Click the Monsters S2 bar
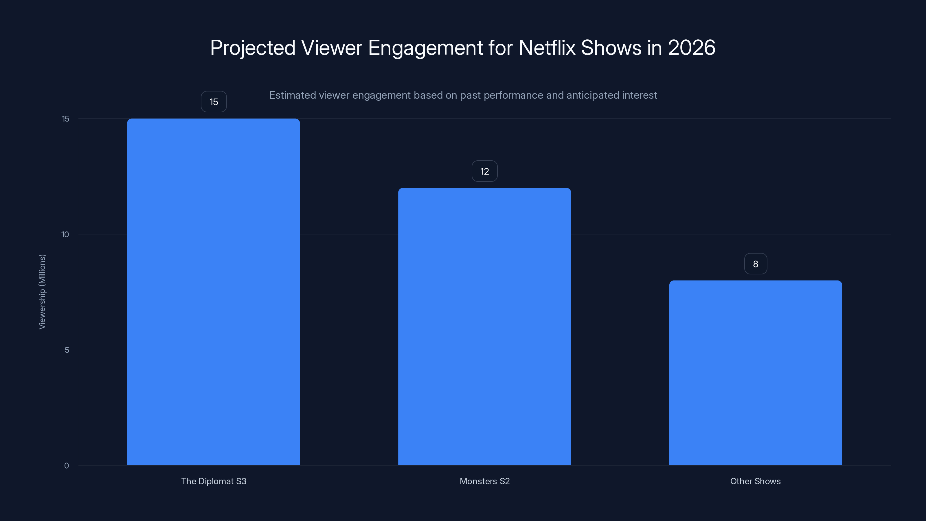pyautogui.click(x=484, y=326)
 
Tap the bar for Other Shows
pyautogui.click(x=755, y=373)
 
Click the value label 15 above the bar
pyautogui.click(x=214, y=102)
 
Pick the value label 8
pyautogui.click(x=755, y=264)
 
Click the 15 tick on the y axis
pyautogui.click(x=65, y=119)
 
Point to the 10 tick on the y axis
pyautogui.click(x=65, y=234)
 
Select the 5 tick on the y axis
pyautogui.click(x=67, y=350)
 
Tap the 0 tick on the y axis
pyautogui.click(x=67, y=466)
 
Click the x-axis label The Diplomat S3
pyautogui.click(x=214, y=481)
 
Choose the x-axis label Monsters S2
pyautogui.click(x=484, y=481)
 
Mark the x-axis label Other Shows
pyautogui.click(x=755, y=481)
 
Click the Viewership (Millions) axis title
pyautogui.click(x=42, y=291)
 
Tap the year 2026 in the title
pyautogui.click(x=691, y=47)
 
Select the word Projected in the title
pyautogui.click(x=253, y=47)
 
